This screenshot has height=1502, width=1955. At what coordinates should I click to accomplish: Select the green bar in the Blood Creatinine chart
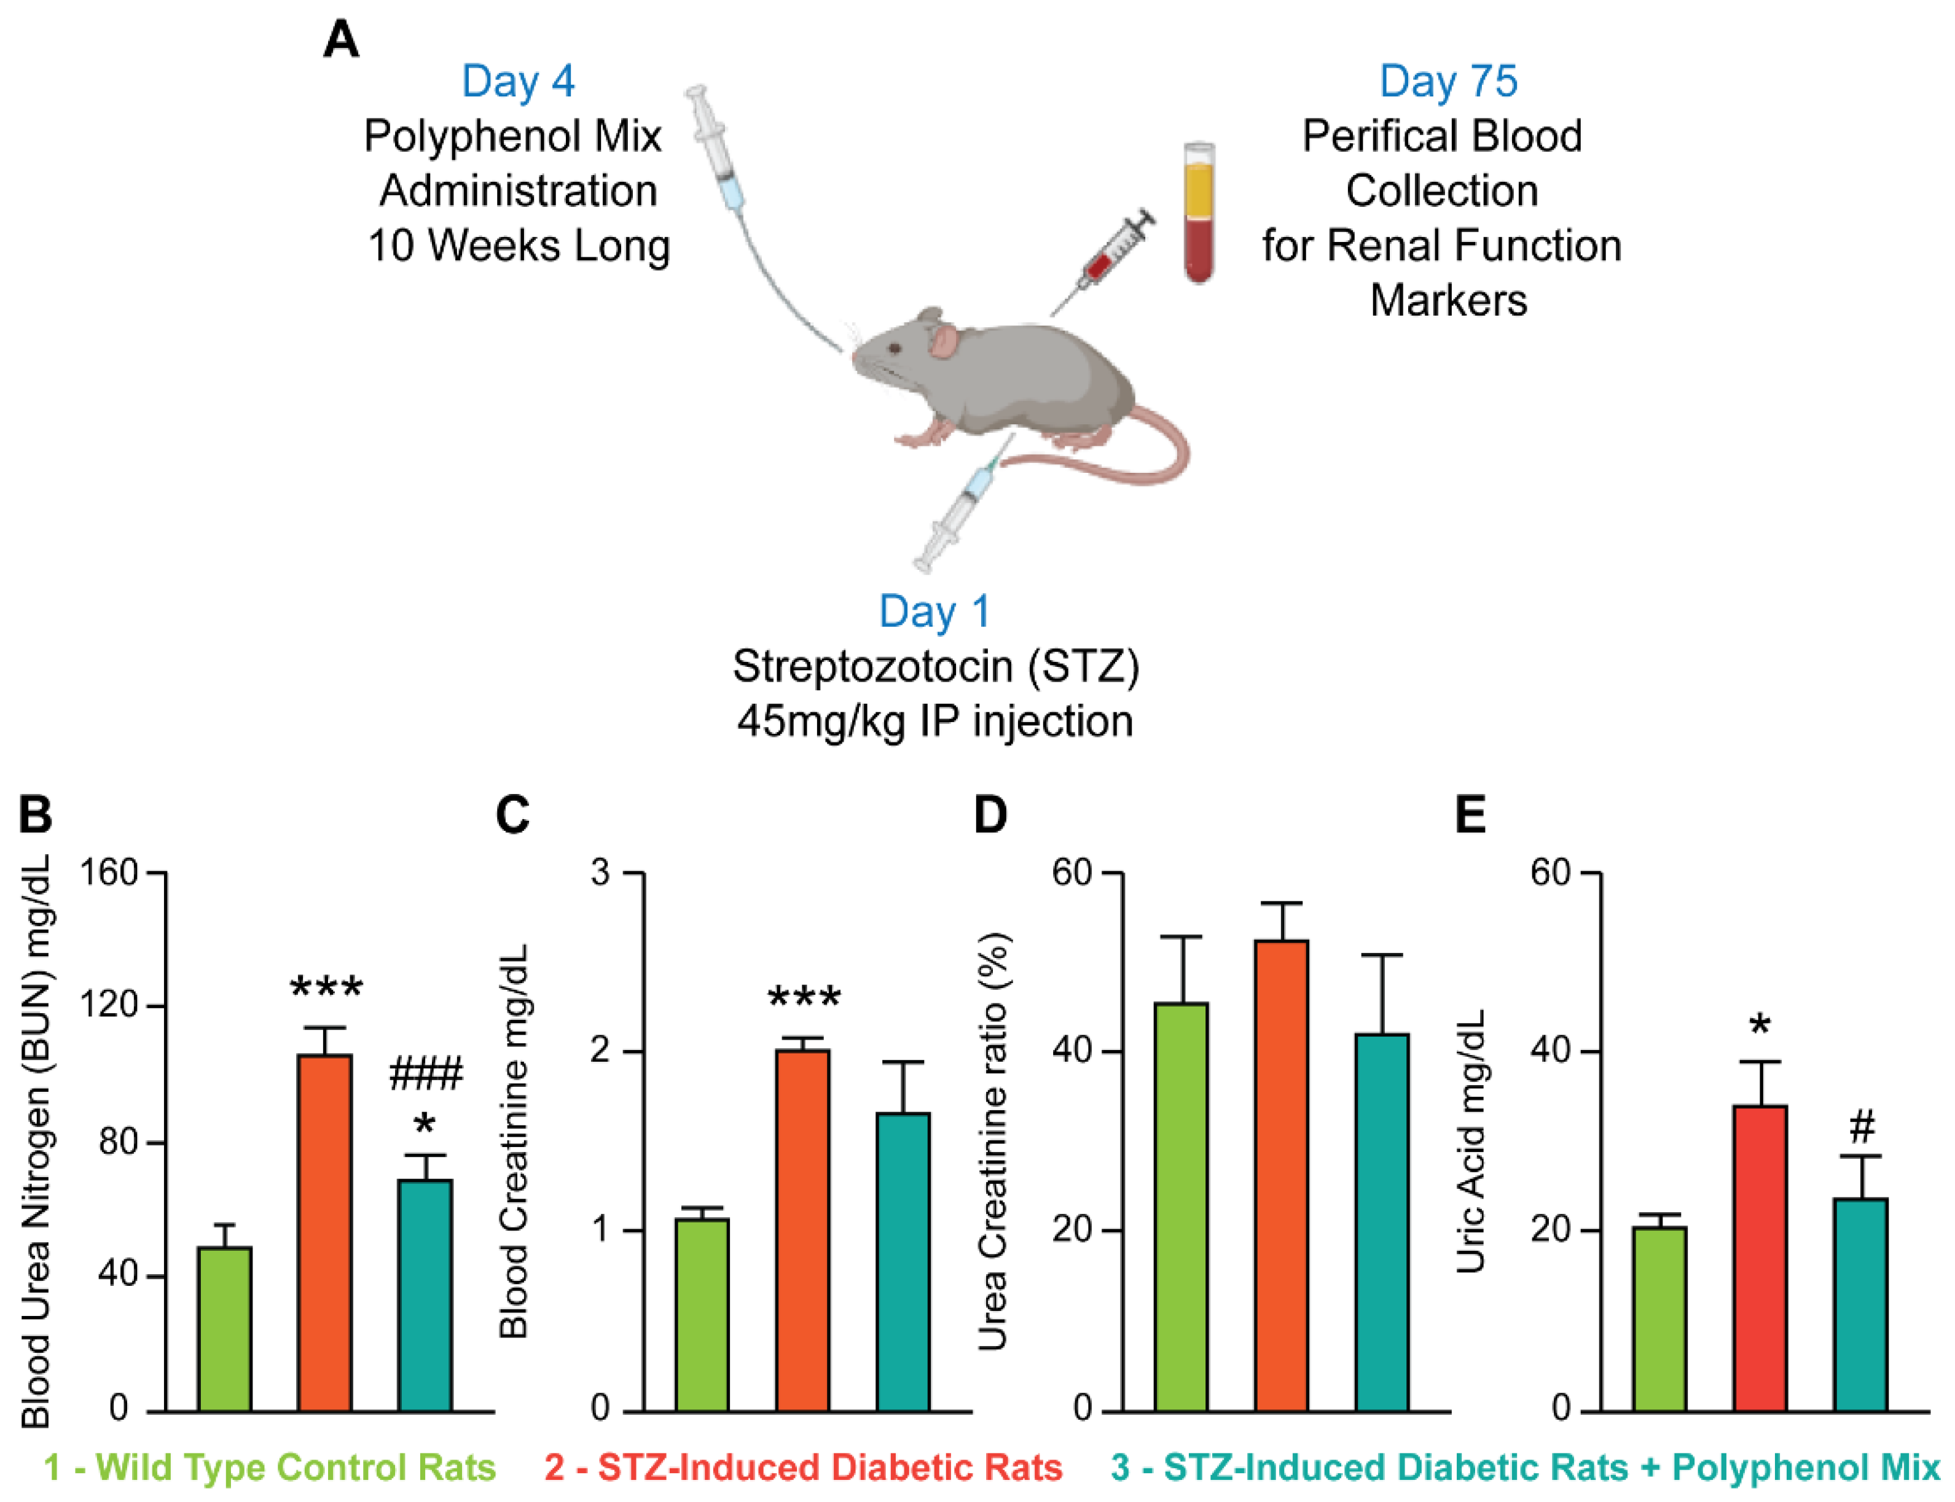tap(702, 1314)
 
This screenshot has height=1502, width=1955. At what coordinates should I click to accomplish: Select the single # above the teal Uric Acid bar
tap(1862, 1126)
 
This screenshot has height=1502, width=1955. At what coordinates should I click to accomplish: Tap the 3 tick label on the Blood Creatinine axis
tap(600, 873)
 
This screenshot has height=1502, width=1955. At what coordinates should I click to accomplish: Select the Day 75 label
tap(1448, 81)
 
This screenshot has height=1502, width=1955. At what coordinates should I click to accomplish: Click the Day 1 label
tap(934, 612)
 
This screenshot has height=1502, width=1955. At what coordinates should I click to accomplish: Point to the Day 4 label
tap(518, 81)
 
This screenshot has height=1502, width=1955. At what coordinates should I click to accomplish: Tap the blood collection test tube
tap(1199, 213)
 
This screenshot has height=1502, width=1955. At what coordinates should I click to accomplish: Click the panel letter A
tap(341, 41)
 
